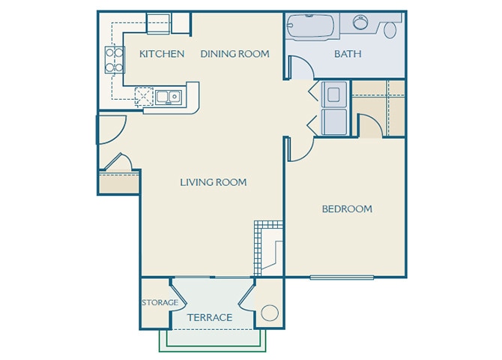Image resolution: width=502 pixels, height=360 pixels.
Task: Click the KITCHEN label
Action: coord(162,54)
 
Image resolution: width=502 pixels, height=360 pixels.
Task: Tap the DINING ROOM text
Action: coord(235,54)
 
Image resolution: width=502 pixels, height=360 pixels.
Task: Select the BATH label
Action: coord(348,54)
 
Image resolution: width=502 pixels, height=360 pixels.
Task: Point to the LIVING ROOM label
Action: coord(214,182)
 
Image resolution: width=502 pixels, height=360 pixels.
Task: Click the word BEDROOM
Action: coord(347,209)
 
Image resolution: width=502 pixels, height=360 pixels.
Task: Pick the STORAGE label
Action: coord(160,303)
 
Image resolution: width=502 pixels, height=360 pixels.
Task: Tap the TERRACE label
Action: coord(210,318)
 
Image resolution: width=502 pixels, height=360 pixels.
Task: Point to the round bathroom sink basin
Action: coord(361,22)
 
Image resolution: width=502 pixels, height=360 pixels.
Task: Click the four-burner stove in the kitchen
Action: coord(114,60)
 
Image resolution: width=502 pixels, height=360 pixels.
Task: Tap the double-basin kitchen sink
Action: coord(167,96)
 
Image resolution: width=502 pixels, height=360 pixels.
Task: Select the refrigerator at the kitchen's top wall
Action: coord(158,24)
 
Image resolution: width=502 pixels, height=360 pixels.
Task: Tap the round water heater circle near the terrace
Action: coord(269,313)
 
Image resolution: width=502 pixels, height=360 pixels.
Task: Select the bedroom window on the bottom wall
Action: coord(342,278)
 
